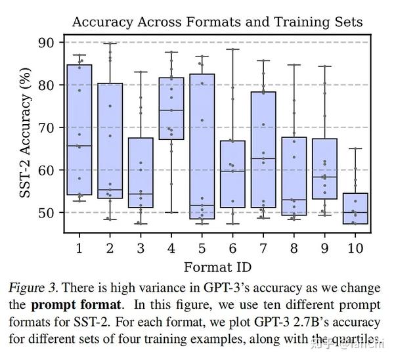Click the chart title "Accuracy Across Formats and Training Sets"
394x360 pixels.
click(x=217, y=21)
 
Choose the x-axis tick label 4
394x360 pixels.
click(x=171, y=248)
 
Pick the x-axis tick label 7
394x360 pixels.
click(x=263, y=248)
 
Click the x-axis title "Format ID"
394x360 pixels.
click(x=216, y=267)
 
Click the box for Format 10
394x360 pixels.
click(x=356, y=209)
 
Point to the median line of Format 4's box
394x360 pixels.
click(x=171, y=110)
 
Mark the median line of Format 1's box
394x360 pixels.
click(x=79, y=146)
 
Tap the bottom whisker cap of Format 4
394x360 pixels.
click(x=171, y=213)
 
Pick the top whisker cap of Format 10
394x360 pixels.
click(x=356, y=148)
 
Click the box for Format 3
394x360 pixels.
click(x=141, y=173)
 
